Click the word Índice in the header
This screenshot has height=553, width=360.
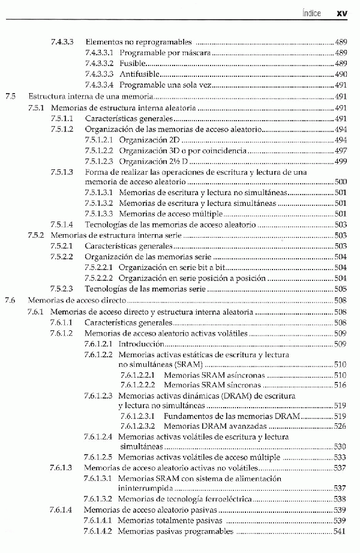click(311, 13)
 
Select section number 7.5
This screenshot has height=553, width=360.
click(9, 95)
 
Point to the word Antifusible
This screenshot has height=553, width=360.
click(140, 74)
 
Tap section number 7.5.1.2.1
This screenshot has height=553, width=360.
click(98, 139)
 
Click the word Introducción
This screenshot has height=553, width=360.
click(142, 344)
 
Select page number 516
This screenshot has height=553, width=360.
click(340, 385)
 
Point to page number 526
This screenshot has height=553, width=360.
click(340, 426)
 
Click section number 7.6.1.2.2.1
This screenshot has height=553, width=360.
click(138, 375)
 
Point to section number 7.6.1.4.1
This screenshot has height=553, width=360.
click(98, 521)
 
